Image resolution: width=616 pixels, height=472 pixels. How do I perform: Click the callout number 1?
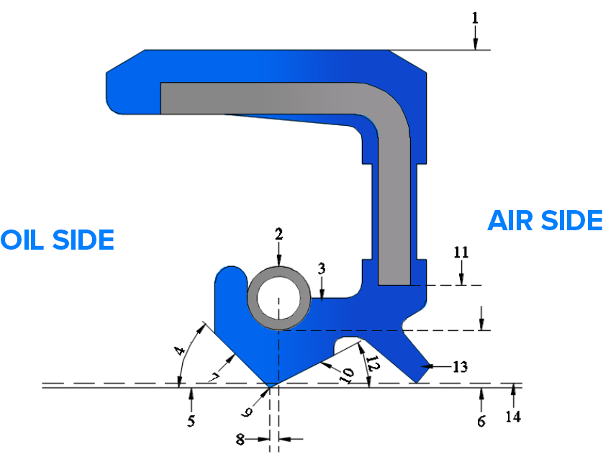pos(475,17)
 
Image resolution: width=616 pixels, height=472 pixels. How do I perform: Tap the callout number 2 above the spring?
pos(279,234)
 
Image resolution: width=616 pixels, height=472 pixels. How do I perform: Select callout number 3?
pos(322,268)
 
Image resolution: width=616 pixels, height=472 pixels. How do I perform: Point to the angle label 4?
pos(180,353)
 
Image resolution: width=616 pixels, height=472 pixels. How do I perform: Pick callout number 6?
pos(481,421)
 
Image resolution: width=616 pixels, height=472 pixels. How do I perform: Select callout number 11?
pos(461,253)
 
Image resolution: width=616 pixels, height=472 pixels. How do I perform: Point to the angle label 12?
pos(372,361)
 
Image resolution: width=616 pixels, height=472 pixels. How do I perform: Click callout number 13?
pos(461,367)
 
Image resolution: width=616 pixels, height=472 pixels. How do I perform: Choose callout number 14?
pos(513,416)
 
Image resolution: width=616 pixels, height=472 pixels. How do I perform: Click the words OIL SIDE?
pos(58,240)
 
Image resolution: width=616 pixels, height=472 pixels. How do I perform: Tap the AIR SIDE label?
pos(545,220)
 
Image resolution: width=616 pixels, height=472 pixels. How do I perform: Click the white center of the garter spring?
pos(278,298)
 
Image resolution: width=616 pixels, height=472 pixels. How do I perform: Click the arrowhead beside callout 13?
pos(425,367)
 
